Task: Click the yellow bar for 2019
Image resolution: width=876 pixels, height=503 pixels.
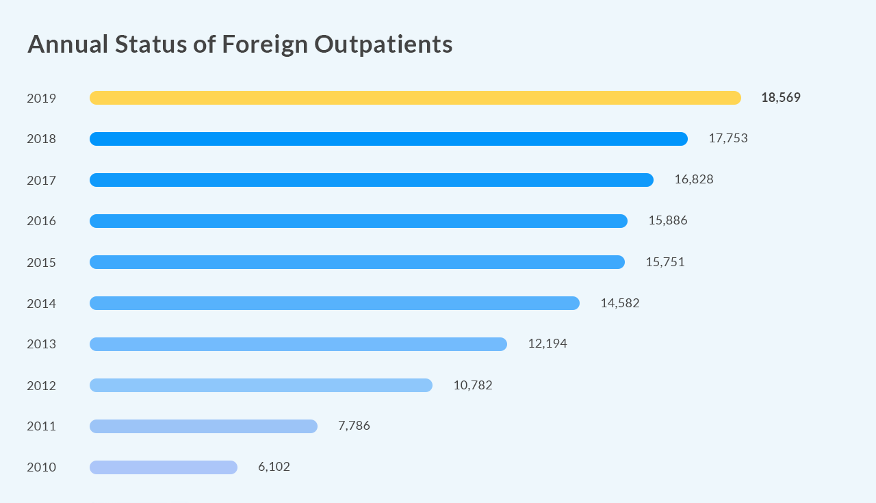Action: tap(415, 98)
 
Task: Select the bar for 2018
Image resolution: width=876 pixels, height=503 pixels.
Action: tap(388, 139)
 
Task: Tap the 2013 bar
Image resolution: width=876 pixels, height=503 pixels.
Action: tap(298, 344)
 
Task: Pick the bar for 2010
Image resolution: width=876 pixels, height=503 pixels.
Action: tap(163, 467)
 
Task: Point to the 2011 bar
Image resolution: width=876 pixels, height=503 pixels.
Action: tap(203, 426)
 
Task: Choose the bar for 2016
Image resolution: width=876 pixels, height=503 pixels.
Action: tap(358, 221)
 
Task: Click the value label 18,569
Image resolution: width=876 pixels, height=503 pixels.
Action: tap(780, 98)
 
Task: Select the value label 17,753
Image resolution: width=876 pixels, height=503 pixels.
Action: tap(727, 138)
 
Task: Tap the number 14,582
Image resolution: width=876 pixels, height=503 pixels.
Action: tap(619, 303)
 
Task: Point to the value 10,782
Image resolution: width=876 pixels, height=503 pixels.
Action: tap(472, 385)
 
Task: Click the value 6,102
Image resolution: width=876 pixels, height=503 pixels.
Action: tap(274, 467)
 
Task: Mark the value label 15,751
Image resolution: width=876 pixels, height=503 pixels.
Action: tap(665, 262)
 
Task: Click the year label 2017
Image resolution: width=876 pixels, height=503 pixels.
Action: tap(41, 180)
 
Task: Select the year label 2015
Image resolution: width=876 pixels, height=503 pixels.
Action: tap(41, 262)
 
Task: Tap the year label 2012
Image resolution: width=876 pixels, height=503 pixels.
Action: tap(41, 385)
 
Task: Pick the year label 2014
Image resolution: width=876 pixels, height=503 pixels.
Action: tap(41, 303)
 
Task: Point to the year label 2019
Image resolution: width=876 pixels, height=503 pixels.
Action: tap(41, 98)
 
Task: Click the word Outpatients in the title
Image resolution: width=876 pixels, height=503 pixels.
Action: tap(383, 44)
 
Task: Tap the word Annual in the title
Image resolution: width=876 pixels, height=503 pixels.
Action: tap(68, 44)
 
